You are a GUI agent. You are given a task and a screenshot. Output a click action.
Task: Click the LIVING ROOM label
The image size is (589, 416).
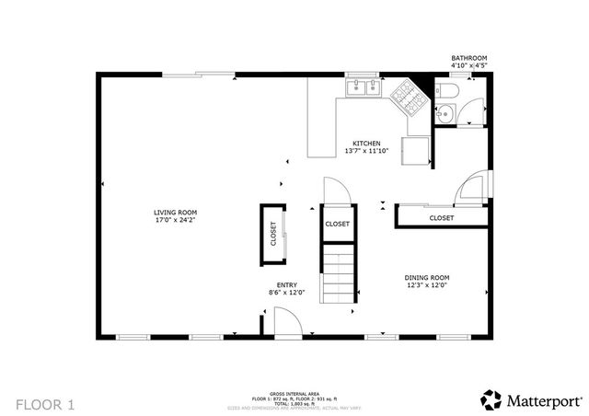[175, 213]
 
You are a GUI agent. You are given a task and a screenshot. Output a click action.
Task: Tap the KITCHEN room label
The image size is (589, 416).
[366, 143]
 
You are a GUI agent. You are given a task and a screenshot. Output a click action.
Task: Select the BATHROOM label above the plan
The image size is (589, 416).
[468, 58]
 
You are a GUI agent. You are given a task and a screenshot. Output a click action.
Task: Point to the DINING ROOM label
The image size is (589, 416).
[426, 278]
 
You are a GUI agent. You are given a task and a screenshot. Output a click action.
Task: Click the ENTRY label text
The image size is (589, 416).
[286, 285]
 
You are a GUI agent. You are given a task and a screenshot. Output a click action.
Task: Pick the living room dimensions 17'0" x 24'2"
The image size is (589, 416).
[175, 220]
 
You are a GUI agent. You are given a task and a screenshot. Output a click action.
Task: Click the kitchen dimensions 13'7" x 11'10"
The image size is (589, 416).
[366, 150]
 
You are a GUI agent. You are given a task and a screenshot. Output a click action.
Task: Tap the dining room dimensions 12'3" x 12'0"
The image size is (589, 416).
[426, 285]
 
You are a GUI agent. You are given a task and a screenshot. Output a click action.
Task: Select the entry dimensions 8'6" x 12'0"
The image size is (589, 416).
[286, 293]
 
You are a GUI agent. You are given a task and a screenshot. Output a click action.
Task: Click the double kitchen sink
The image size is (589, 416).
[364, 88]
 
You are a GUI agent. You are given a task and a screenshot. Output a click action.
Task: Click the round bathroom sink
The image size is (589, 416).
[445, 114]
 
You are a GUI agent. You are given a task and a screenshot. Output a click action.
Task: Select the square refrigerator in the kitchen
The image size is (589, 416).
[417, 150]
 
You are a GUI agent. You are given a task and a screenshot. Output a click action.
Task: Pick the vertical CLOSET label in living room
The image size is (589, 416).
[273, 234]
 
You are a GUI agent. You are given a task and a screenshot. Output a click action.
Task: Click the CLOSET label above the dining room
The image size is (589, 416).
[441, 218]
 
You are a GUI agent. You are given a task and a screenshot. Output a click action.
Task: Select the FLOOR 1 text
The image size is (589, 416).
[45, 403]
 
